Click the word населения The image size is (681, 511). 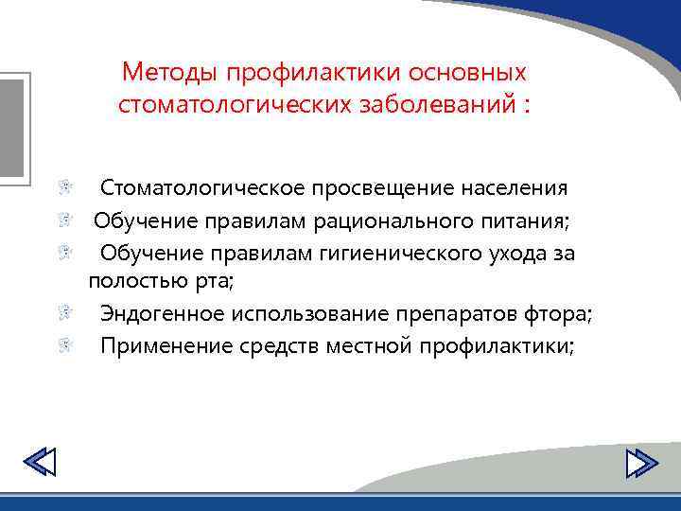[x=515, y=188]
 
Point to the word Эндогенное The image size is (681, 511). [x=155, y=314]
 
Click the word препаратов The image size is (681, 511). [x=463, y=314]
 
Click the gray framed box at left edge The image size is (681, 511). [x=13, y=124]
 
